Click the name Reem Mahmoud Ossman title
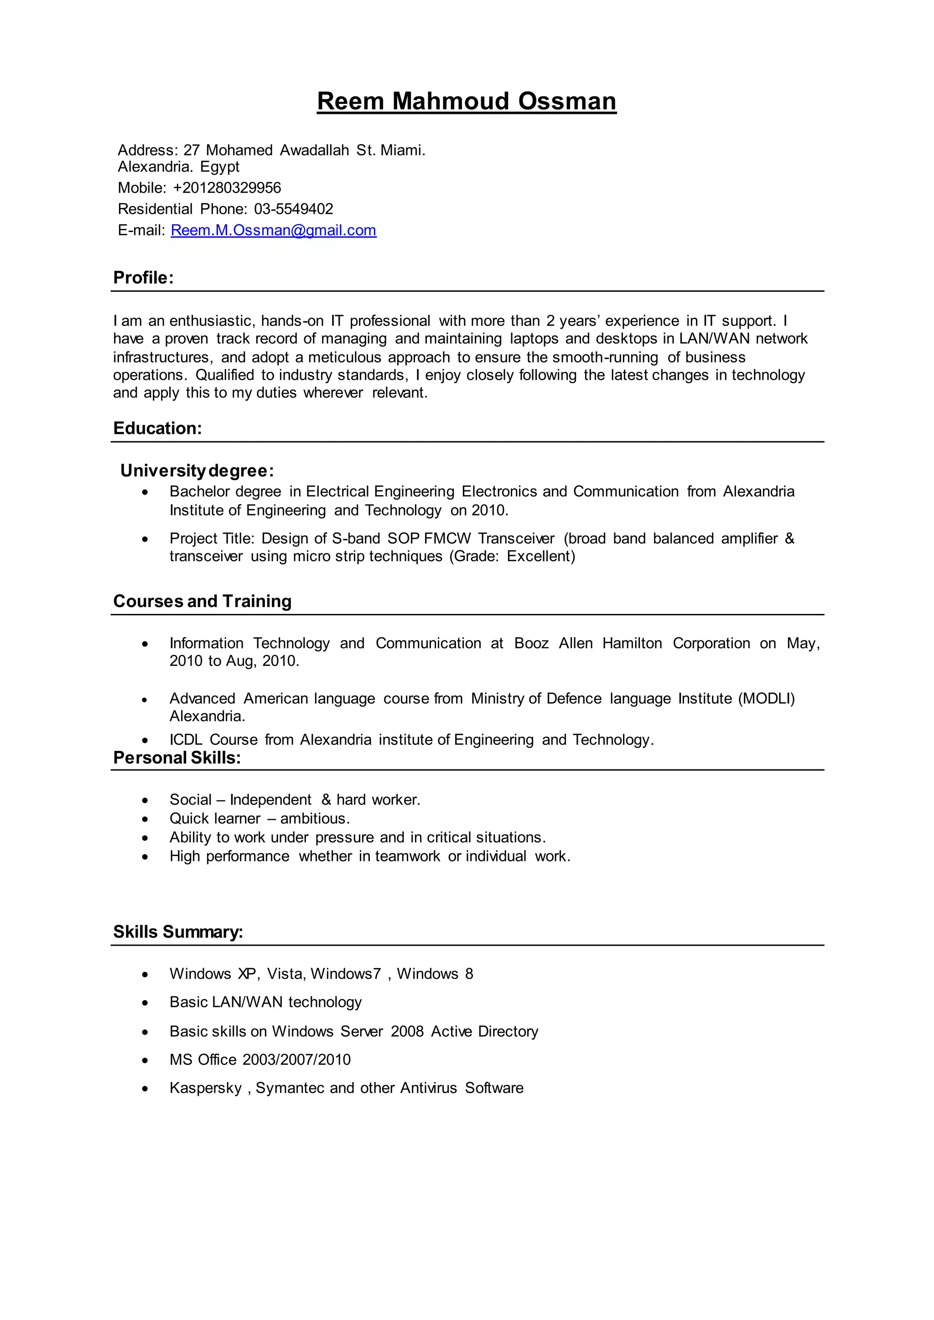pyautogui.click(x=467, y=101)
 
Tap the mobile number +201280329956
pyautogui.click(x=227, y=188)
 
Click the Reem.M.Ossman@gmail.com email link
pyautogui.click(x=273, y=231)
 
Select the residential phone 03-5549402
pyautogui.click(x=293, y=209)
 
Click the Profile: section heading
pyautogui.click(x=143, y=278)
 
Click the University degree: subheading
pyautogui.click(x=197, y=471)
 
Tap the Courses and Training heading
pyautogui.click(x=202, y=601)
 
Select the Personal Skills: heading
pyautogui.click(x=176, y=758)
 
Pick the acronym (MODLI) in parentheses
pyautogui.click(x=766, y=699)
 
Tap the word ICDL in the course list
pyautogui.click(x=185, y=740)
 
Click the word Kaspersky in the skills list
pyautogui.click(x=205, y=1088)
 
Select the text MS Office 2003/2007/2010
pyautogui.click(x=260, y=1060)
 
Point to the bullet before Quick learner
pyautogui.click(x=145, y=819)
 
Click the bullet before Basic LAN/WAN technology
pyautogui.click(x=145, y=1003)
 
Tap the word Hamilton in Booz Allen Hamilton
pyautogui.click(x=632, y=643)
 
